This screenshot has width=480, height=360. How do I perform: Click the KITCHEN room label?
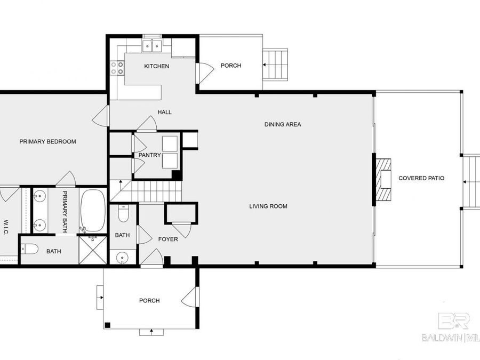click(156, 66)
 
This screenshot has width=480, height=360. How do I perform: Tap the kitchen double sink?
click(152, 46)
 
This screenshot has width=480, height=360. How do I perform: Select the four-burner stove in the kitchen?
click(117, 68)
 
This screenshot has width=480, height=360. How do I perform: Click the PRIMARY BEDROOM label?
click(47, 142)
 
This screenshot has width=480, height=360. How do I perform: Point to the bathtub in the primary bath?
click(93, 209)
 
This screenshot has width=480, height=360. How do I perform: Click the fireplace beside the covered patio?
click(383, 179)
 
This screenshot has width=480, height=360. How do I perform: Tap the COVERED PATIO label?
click(421, 178)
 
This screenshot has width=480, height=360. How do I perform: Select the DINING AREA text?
click(283, 124)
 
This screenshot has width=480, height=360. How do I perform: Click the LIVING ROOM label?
click(268, 206)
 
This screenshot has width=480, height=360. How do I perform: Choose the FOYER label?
click(168, 239)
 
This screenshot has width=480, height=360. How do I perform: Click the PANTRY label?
click(149, 155)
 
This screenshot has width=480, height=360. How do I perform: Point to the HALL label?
click(164, 112)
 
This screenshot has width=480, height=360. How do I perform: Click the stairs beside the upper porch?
click(275, 65)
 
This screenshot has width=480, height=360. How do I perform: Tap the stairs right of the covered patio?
click(471, 182)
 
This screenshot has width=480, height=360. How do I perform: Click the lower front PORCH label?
click(149, 301)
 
